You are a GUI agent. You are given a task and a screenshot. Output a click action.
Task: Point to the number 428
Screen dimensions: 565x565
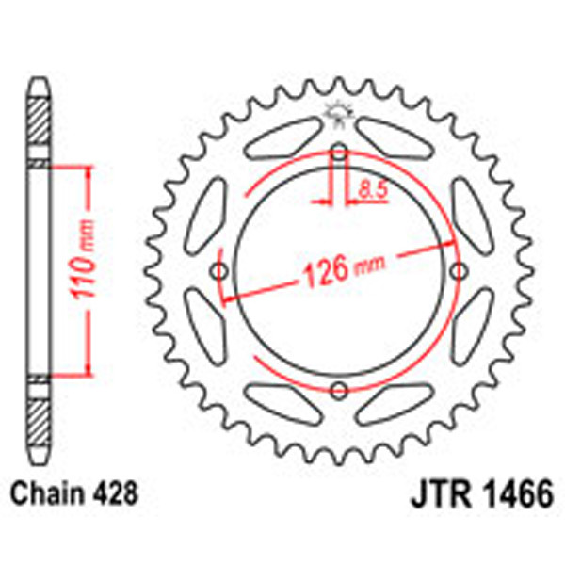point(118,492)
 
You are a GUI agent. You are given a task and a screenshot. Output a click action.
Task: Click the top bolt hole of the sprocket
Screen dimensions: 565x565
point(340,153)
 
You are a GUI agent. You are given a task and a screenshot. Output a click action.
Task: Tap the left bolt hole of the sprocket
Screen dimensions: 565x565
point(221,272)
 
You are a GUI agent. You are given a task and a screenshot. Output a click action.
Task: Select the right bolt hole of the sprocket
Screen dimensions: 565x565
point(459,272)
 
